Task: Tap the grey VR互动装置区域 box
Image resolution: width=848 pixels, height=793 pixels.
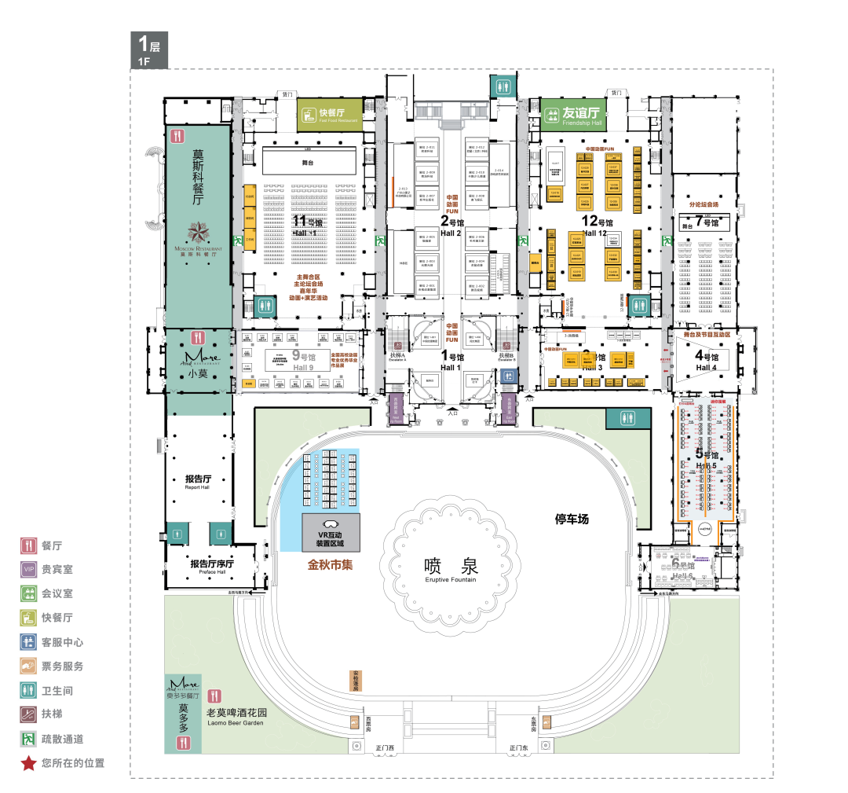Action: click(331, 532)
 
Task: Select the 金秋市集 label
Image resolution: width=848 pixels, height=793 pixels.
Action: click(329, 564)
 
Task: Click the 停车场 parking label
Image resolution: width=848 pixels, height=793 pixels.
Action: click(572, 519)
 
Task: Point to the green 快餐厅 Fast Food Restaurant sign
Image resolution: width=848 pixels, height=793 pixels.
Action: click(330, 116)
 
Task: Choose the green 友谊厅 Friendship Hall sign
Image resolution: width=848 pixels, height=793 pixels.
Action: click(572, 115)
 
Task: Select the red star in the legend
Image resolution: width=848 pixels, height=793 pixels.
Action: click(28, 762)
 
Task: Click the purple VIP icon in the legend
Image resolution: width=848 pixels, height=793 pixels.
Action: click(28, 569)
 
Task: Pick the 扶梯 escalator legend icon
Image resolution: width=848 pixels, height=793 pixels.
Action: click(28, 714)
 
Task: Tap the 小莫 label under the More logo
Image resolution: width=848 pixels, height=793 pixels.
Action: click(198, 375)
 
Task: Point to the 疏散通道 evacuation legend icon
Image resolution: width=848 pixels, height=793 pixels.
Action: click(28, 739)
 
